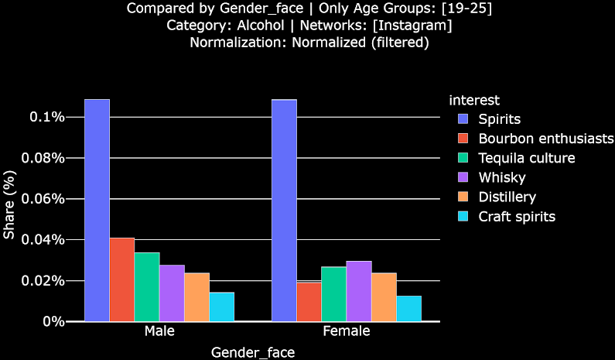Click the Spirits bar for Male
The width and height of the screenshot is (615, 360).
[97, 210]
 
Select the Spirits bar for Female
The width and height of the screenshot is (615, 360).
[284, 210]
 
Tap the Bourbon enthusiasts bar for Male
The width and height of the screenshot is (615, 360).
[121, 279]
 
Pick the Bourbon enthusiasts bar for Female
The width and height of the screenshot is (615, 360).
[309, 301]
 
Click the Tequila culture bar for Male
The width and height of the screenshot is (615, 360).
[146, 286]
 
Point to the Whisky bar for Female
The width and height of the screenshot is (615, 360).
[359, 291]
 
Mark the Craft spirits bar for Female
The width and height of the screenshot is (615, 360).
[408, 308]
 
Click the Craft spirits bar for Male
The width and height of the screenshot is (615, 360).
[221, 307]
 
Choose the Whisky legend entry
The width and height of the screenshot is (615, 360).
[501, 178]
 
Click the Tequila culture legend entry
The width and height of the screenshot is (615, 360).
[526, 159]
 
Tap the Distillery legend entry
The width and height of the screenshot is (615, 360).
[507, 197]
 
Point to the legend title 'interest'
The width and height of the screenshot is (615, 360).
[474, 101]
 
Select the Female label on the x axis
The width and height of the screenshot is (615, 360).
[347, 331]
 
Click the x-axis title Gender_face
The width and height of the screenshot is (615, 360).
[253, 351]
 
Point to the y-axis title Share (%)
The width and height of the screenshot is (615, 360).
[9, 211]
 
